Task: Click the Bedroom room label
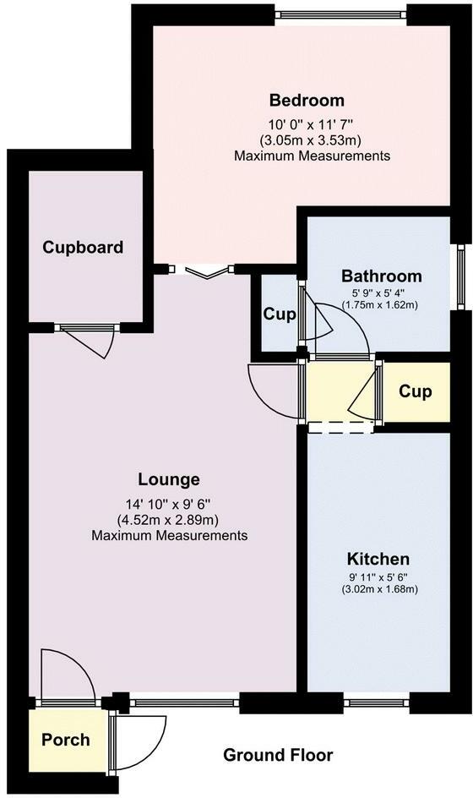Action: [307, 101]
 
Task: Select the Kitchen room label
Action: [378, 559]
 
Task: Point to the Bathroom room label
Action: [382, 276]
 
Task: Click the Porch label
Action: [66, 740]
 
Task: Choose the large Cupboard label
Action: [83, 248]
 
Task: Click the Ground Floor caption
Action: [278, 755]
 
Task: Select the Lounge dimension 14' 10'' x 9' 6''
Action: [168, 505]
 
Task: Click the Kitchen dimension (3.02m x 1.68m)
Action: [379, 589]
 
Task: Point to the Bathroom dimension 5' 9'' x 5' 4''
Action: [380, 294]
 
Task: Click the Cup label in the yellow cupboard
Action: [416, 391]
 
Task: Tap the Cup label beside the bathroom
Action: [280, 314]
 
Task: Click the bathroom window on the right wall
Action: [461, 277]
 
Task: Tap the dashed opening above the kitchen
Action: [340, 428]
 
